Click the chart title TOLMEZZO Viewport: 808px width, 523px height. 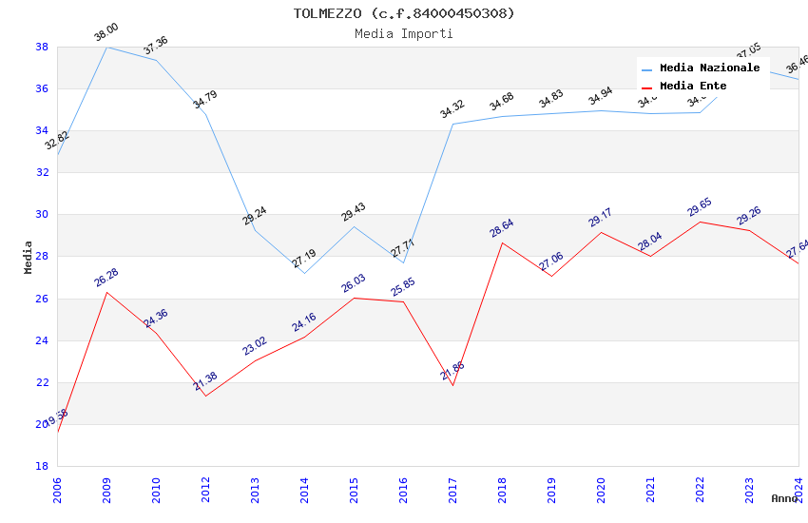click(x=403, y=13)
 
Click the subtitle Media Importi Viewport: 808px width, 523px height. click(x=403, y=33)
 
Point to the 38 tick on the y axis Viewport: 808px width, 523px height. click(x=42, y=47)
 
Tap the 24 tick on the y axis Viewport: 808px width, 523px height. click(x=42, y=340)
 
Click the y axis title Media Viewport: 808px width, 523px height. click(x=29, y=257)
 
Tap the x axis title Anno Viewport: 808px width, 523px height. click(x=784, y=498)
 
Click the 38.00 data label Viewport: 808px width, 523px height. click(x=106, y=33)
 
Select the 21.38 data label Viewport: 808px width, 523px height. click(x=205, y=380)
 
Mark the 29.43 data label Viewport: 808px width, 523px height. click(x=354, y=212)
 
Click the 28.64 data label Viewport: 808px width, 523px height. click(x=501, y=228)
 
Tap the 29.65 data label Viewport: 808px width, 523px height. click(x=700, y=207)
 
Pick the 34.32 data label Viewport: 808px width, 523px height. click(x=452, y=109)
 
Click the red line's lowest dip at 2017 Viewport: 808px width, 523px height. click(x=452, y=385)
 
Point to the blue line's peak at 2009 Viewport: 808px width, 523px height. click(x=106, y=47)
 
